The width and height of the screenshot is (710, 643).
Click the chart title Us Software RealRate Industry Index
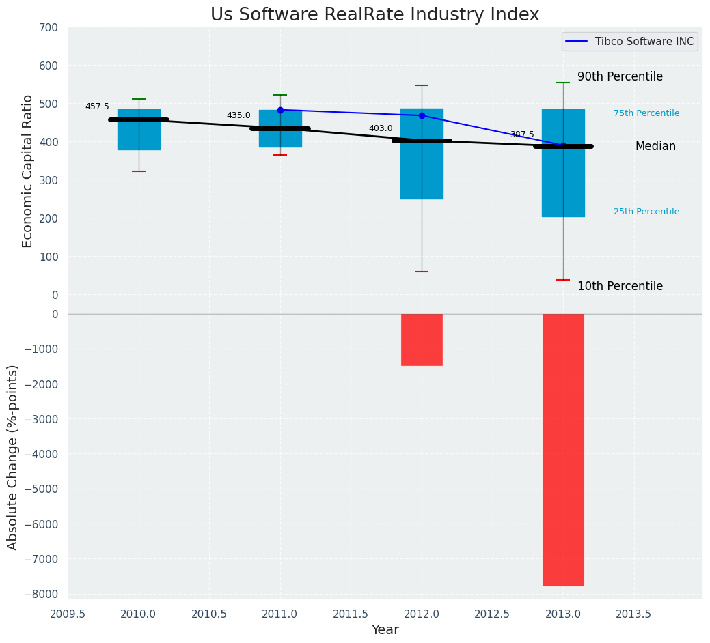point(374,15)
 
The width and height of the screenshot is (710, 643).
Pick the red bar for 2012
point(422,339)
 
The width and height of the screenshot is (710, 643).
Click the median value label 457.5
point(97,107)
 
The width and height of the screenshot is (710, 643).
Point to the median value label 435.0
point(238,116)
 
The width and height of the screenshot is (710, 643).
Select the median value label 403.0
point(381,128)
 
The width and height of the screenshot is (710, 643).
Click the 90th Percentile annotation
point(620,77)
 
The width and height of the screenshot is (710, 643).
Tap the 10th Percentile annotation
point(620,287)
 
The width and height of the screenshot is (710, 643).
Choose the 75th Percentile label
point(646,113)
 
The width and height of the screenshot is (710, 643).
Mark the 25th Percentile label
point(646,212)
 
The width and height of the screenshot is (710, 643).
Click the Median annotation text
point(655,147)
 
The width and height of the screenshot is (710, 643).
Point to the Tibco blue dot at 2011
point(280,110)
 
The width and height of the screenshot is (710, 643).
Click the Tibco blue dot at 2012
point(422,115)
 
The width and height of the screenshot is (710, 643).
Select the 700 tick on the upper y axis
point(49,28)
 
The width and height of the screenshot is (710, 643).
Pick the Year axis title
point(385,630)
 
